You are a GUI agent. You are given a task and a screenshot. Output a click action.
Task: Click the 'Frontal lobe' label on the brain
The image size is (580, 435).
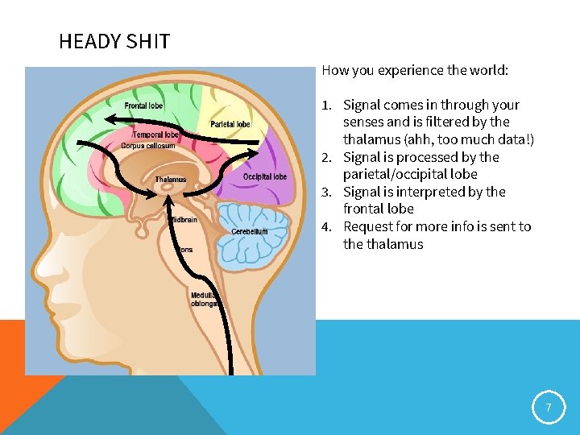(x=143, y=106)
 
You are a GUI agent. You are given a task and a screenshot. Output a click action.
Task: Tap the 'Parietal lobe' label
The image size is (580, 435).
(x=230, y=124)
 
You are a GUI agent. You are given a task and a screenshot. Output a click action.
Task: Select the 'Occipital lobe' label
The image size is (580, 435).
(x=265, y=176)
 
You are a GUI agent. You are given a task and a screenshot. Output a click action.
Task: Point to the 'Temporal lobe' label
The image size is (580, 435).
(x=156, y=135)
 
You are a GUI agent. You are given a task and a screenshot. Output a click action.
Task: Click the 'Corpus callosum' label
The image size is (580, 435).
(x=148, y=146)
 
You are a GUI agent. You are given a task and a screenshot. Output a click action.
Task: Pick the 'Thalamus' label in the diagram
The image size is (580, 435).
(x=170, y=179)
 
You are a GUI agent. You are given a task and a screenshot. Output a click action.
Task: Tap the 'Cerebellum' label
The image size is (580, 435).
(x=249, y=231)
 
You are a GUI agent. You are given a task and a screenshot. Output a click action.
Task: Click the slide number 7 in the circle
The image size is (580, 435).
(x=549, y=408)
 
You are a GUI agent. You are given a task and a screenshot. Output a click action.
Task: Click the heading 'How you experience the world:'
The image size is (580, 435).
(x=415, y=70)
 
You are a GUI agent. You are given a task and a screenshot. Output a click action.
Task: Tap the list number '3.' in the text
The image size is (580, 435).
(x=327, y=192)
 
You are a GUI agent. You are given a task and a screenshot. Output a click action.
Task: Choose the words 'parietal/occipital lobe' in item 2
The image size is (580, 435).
(x=410, y=174)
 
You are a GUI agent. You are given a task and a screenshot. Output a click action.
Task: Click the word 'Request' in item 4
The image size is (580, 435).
(x=367, y=226)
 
